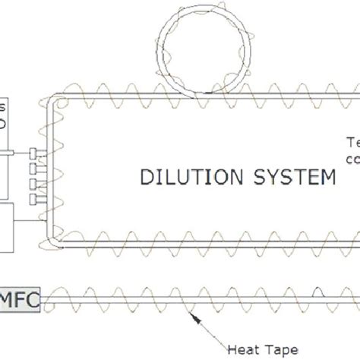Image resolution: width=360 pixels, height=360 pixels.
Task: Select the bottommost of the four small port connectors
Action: (x=31, y=199)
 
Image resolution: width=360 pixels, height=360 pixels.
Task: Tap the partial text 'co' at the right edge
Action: (x=352, y=159)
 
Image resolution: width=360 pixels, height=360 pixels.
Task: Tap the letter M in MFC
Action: (x=11, y=297)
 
